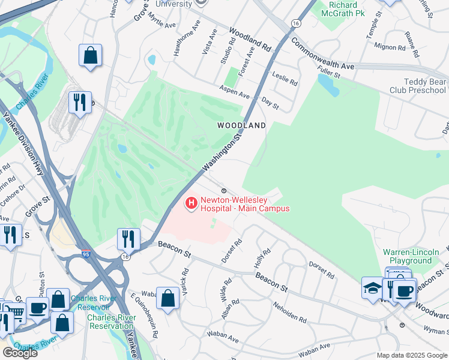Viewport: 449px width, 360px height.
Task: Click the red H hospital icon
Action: (x=191, y=204)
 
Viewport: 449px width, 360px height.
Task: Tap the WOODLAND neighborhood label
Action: (x=241, y=125)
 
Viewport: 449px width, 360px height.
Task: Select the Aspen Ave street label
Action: (x=235, y=95)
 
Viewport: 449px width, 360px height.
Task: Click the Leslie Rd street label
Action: (x=285, y=79)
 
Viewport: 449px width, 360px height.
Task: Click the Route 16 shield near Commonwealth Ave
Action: (x=295, y=22)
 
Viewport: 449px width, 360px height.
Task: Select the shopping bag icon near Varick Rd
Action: (x=167, y=297)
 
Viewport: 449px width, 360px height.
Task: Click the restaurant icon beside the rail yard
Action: (x=80, y=101)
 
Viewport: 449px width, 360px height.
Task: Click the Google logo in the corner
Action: (x=20, y=353)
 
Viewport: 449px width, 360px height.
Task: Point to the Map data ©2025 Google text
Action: (x=411, y=355)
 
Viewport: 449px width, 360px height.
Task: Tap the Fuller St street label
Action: (x=329, y=74)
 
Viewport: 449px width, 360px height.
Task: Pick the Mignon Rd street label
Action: (x=390, y=46)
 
